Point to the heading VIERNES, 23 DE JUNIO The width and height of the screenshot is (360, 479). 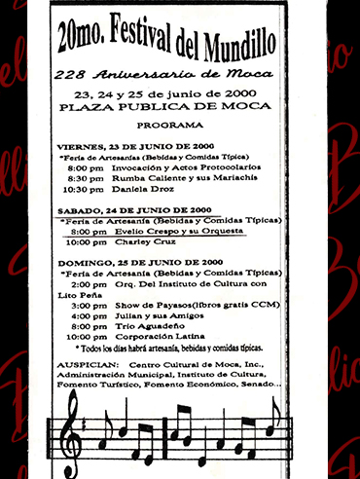pyautogui.click(x=117, y=145)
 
